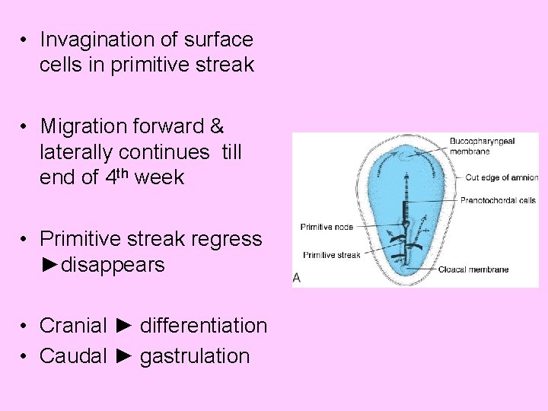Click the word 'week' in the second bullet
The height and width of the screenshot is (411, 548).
click(162, 177)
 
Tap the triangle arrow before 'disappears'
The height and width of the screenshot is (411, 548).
click(49, 265)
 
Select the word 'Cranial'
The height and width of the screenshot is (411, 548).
click(73, 326)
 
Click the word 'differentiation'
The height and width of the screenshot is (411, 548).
click(203, 326)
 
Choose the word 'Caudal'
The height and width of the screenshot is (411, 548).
click(73, 355)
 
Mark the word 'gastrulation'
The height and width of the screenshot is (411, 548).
click(194, 355)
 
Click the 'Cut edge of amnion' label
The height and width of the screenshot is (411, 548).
click(500, 177)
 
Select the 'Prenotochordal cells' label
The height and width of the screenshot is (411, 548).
click(499, 201)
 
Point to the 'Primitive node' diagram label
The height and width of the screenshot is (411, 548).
click(327, 227)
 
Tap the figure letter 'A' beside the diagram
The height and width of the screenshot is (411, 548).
click(297, 279)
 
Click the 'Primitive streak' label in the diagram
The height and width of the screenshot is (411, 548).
click(332, 255)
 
